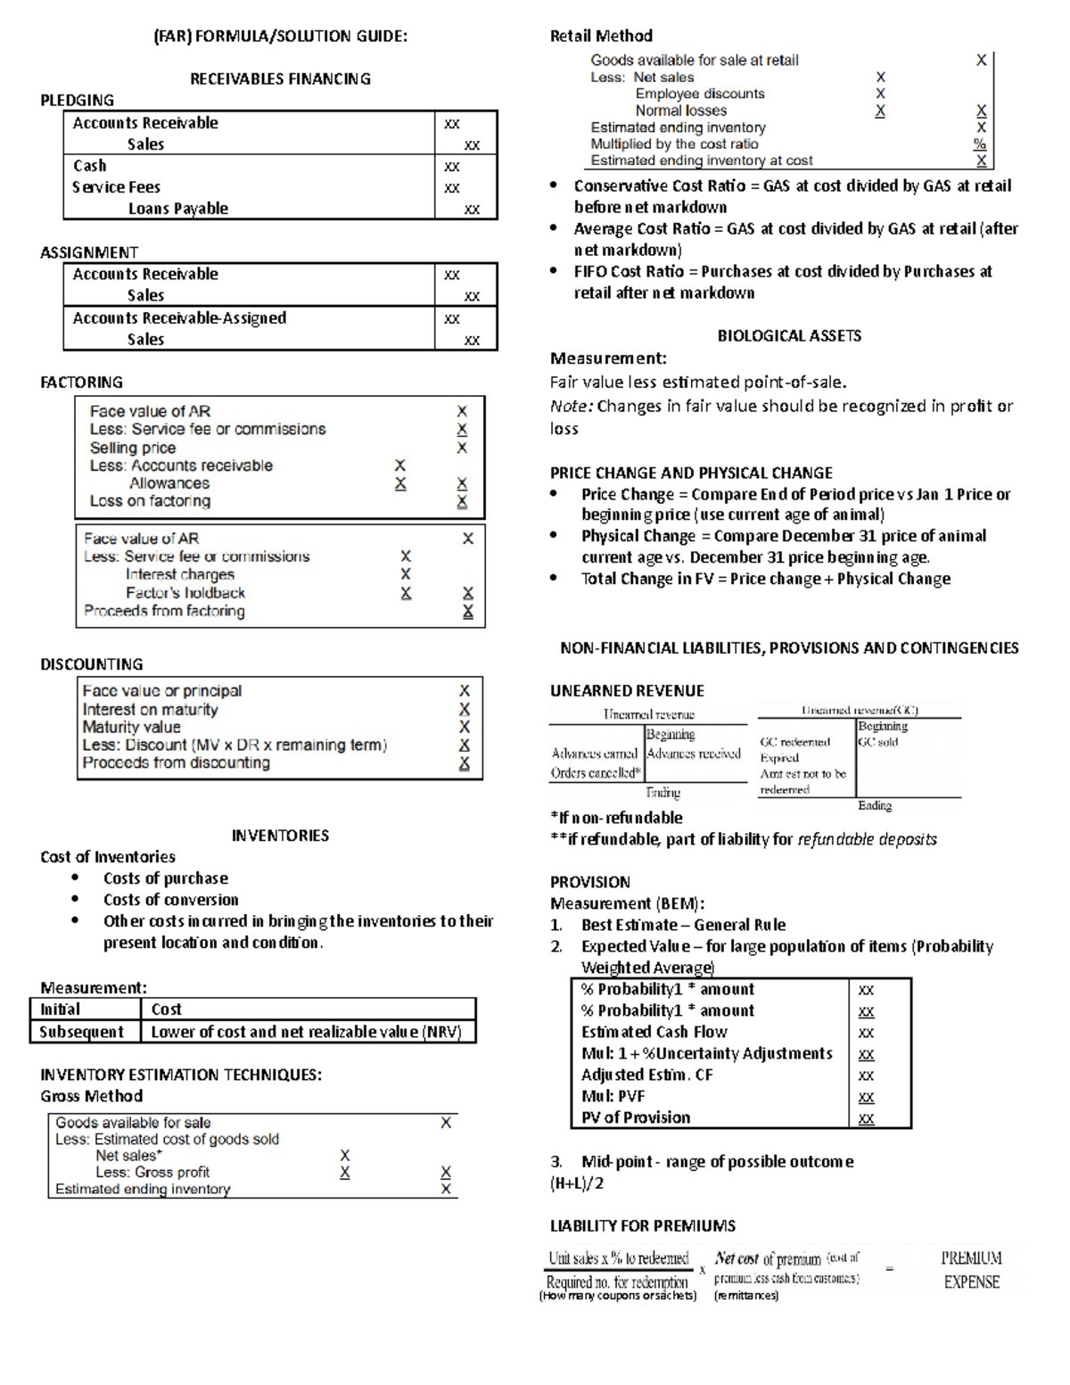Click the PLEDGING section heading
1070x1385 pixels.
77,100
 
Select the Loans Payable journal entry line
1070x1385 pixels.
177,209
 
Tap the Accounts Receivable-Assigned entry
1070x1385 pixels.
179,318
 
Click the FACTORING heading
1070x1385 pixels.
81,382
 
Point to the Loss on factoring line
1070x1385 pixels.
150,501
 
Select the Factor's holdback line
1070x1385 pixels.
185,593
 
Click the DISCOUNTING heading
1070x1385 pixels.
91,664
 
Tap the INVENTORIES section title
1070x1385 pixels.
280,836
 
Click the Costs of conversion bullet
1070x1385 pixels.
170,900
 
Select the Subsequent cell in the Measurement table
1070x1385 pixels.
81,1032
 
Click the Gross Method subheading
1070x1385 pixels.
91,1096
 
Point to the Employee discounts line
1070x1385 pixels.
699,94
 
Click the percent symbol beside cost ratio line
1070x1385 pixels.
980,144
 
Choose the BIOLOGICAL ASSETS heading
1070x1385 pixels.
788,336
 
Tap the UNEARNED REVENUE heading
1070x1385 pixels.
627,691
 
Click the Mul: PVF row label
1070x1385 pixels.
613,1096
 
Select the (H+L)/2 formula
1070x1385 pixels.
577,1183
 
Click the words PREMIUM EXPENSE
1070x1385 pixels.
971,1270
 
